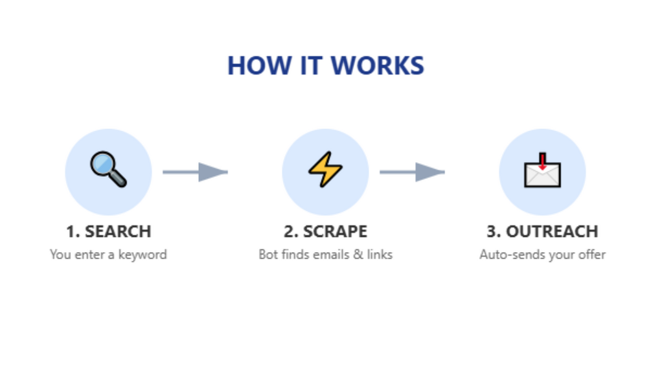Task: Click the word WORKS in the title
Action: (x=378, y=65)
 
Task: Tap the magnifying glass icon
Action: (x=108, y=169)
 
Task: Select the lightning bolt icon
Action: (x=325, y=169)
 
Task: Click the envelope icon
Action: (x=542, y=170)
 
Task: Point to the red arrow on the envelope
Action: (x=542, y=161)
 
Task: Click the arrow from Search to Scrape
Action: (x=195, y=172)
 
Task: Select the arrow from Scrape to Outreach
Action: (x=412, y=172)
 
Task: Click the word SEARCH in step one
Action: (x=118, y=231)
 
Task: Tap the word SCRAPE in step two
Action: (x=335, y=231)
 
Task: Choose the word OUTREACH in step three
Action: (x=552, y=231)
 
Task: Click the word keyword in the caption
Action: (x=143, y=255)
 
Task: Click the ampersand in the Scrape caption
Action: (x=358, y=255)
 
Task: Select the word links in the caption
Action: (x=380, y=255)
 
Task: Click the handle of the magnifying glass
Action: (x=119, y=179)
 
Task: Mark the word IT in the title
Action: (x=311, y=65)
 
